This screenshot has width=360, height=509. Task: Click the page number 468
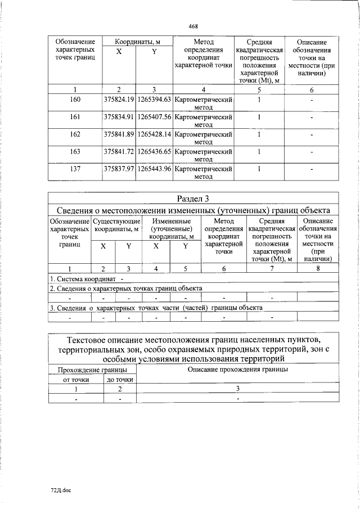(193, 26)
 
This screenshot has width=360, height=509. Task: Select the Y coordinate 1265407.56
(154, 117)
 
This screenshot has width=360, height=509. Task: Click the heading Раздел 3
(193, 199)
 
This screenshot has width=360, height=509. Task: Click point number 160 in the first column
(75, 100)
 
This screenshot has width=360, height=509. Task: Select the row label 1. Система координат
(83, 279)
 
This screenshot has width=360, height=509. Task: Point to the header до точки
(120, 380)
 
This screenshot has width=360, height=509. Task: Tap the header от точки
(76, 380)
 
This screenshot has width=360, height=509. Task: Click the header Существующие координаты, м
(116, 225)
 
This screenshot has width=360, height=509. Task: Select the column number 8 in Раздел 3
(318, 269)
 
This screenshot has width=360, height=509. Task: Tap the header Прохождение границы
(92, 370)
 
